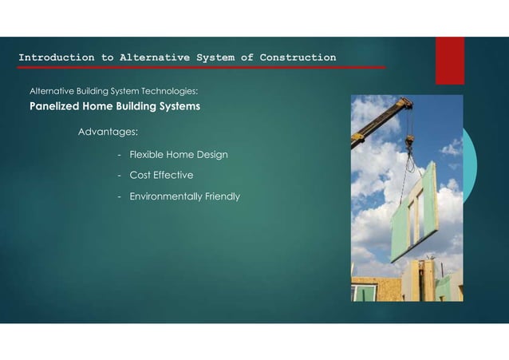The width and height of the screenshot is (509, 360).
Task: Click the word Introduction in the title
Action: [56, 57]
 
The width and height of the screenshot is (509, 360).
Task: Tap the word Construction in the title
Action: [298, 57]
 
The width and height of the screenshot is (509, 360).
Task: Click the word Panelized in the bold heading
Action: [56, 106]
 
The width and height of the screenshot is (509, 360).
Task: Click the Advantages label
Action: [108, 130]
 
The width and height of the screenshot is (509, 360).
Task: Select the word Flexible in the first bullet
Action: [147, 154]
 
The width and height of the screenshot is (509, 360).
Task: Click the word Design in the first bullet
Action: [211, 154]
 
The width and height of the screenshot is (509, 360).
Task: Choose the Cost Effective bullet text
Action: [161, 175]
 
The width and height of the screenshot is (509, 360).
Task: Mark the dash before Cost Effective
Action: [119, 175]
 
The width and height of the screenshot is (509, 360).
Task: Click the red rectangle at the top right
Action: [449, 60]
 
